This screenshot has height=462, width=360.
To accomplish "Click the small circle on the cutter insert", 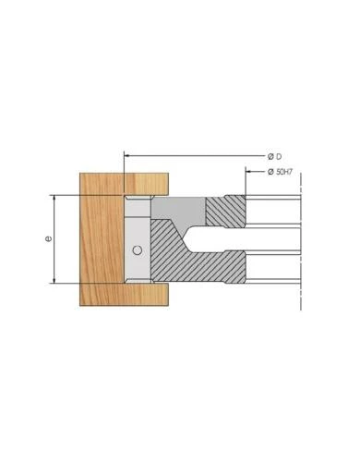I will [137, 250].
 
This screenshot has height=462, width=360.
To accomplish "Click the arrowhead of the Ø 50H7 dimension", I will [248, 172].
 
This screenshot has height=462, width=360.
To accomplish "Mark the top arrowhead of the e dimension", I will [56, 198].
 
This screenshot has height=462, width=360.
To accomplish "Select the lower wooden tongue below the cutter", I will [148, 295].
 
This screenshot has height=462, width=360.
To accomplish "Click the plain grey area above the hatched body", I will [185, 206].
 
